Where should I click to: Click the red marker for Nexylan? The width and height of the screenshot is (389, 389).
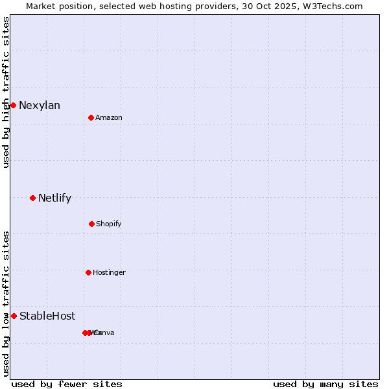point(13,105)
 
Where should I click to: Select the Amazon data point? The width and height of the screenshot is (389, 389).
point(91,117)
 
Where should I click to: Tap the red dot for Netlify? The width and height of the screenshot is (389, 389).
point(32,198)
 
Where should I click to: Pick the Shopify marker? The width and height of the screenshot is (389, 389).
point(91,224)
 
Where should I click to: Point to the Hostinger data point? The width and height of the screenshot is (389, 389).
point(88,272)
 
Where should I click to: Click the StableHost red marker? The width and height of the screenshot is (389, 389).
point(14,316)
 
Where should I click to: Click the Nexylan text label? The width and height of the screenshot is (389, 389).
point(40,105)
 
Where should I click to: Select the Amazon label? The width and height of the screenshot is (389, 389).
point(109,117)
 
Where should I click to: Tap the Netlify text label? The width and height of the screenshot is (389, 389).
point(54,198)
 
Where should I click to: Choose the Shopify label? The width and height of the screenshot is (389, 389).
point(109,224)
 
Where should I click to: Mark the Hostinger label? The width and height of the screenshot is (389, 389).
point(109,272)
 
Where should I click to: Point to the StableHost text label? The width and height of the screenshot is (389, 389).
point(47,316)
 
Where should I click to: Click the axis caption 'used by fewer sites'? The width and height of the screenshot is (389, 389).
point(67,384)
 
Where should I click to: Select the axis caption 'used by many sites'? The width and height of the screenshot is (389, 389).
point(325,384)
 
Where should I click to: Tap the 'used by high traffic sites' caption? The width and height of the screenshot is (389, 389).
point(6,91)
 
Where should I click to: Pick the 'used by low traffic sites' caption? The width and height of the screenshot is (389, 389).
point(6,303)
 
